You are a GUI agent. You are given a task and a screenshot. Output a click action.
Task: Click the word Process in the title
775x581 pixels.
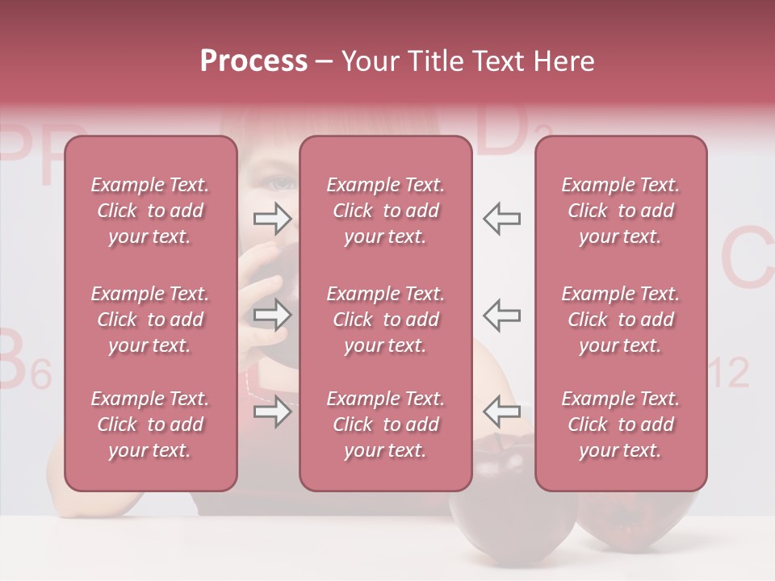coord(253,61)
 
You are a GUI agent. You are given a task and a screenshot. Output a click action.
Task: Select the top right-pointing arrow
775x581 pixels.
coord(272,218)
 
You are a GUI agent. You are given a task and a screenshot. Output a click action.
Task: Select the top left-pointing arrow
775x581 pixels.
coord(501,218)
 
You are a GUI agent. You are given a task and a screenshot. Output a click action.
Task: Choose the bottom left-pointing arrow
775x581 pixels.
coord(501,412)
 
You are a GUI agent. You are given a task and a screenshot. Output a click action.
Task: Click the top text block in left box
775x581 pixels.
coord(150,211)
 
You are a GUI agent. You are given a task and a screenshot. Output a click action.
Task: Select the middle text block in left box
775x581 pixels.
coord(150,320)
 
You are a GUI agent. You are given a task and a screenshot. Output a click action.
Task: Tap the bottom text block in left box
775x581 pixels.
coord(150,424)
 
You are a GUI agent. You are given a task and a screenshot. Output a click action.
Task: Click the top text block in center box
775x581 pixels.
coord(385,211)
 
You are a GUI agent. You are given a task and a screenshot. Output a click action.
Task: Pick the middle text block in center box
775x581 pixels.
coord(385,320)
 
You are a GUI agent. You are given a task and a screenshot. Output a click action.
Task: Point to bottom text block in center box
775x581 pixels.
coord(385,424)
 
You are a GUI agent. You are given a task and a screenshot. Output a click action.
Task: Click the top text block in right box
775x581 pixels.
coord(620,211)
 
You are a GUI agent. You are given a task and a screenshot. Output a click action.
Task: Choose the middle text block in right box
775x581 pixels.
coord(620,320)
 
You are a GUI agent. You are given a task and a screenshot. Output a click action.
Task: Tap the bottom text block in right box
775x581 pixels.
coord(620,424)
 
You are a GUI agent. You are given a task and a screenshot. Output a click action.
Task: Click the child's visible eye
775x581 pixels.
coord(281,183)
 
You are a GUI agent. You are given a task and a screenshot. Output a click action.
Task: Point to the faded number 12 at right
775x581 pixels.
coord(729,373)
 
